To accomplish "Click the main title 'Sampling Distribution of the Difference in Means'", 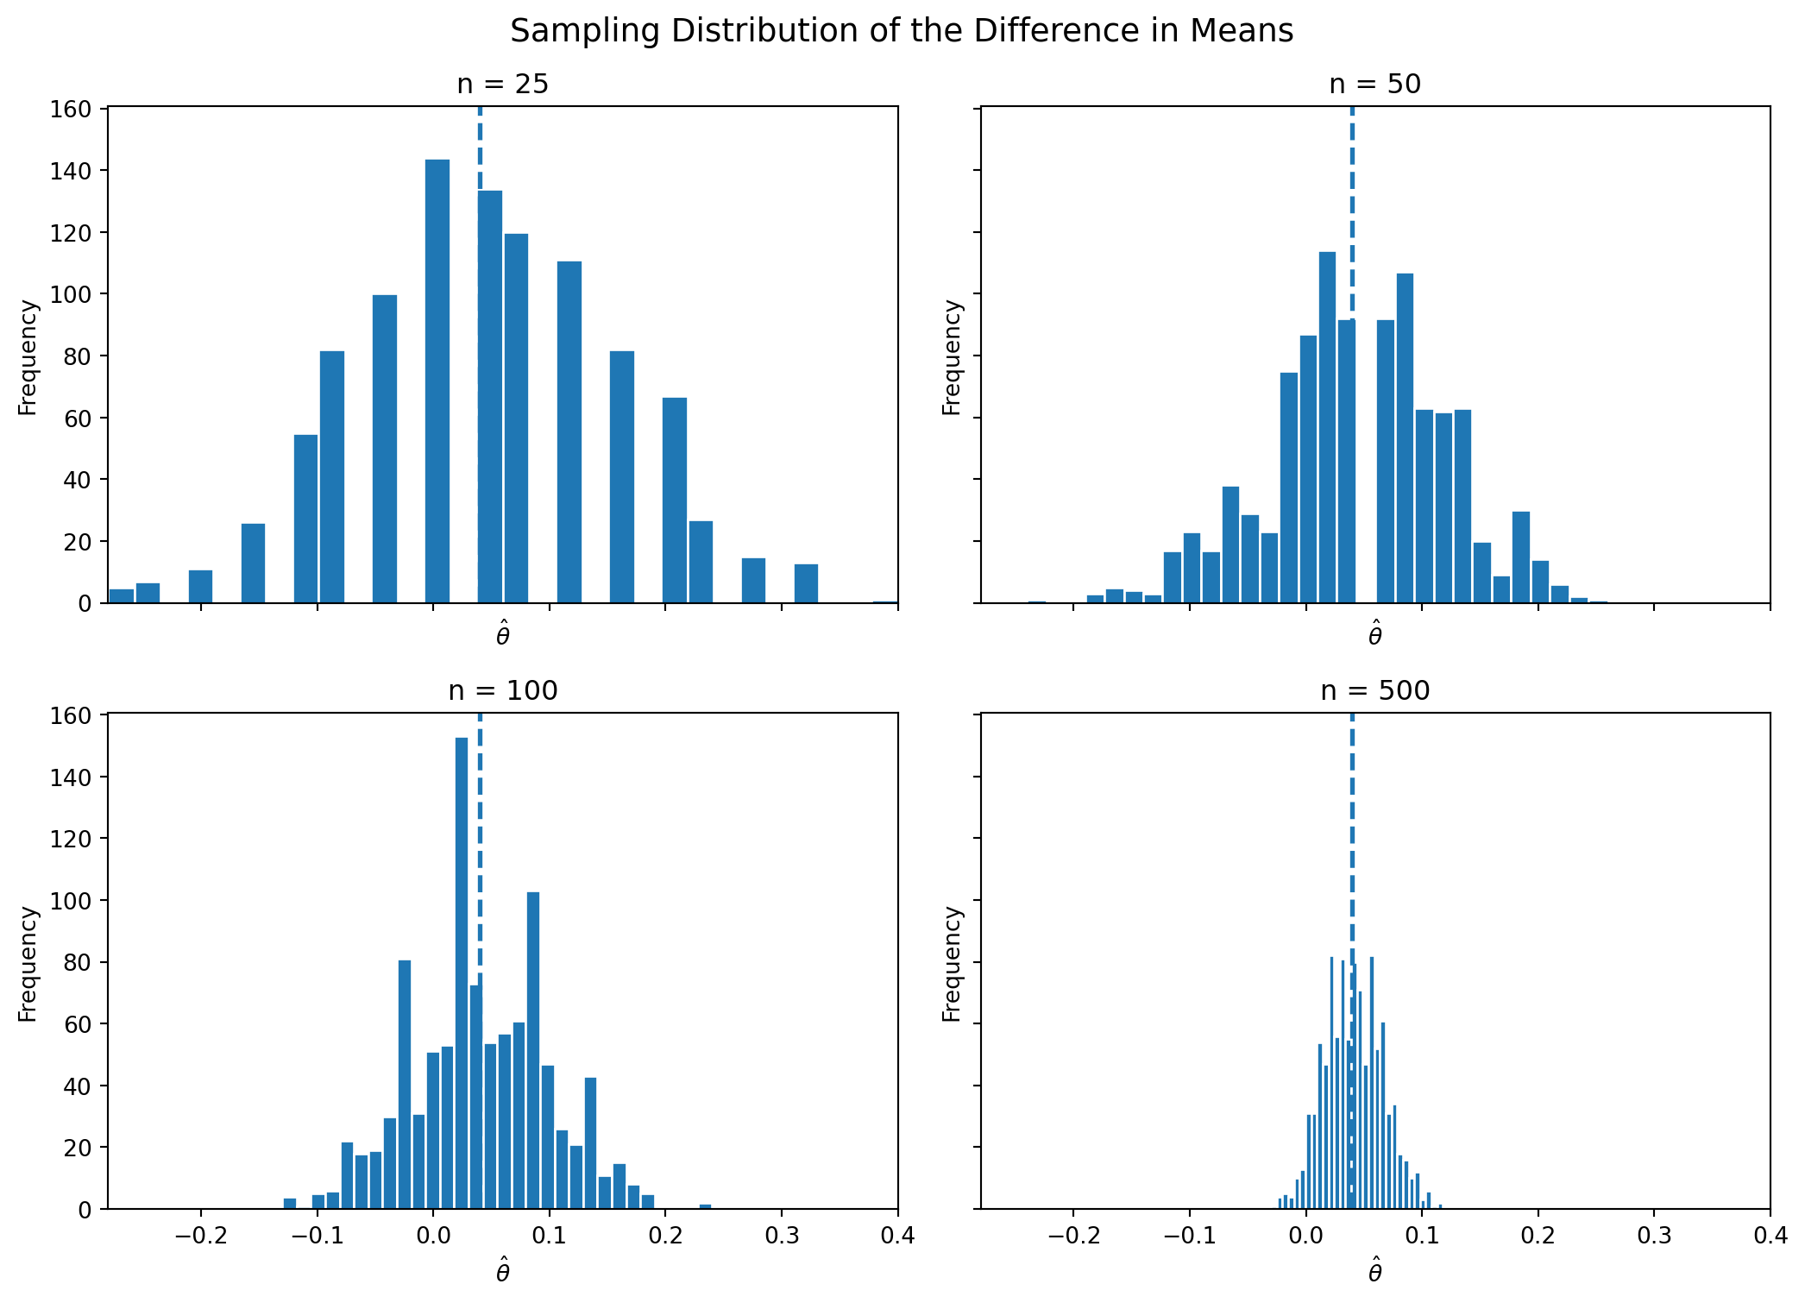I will coord(902,31).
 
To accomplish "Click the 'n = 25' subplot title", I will coord(502,84).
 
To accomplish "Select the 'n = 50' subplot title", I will coord(1375,84).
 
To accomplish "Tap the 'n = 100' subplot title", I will coord(502,690).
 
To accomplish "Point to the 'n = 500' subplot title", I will coord(1375,690).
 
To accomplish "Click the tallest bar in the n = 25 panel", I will coord(437,380).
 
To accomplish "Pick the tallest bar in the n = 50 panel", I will coord(1328,427).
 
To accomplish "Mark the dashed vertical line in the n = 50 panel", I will coord(1352,216).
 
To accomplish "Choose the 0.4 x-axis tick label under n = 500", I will coord(1770,1235).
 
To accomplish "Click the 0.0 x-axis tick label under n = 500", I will coord(1305,1235).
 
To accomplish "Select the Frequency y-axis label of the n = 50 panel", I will coord(952,356).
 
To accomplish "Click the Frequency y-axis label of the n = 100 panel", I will coord(28,963).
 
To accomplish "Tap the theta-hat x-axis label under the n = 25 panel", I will coord(502,636).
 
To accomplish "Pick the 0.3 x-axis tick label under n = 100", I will coord(781,1235).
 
